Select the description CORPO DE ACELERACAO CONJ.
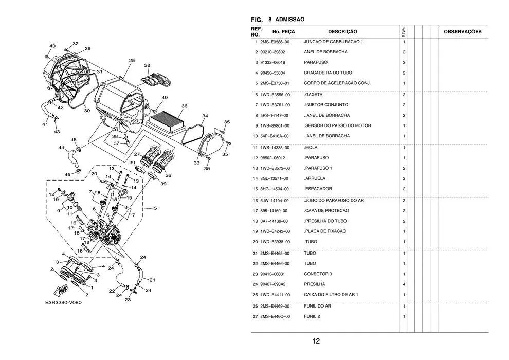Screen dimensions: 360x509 coord(337,83)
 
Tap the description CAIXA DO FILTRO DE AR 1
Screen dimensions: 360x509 coord(331,295)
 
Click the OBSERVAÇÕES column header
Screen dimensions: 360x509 coord(462,32)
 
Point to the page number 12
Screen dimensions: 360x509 coord(316,341)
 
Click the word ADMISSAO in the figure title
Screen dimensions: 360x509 coord(290,20)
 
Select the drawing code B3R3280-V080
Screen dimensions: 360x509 coord(63,302)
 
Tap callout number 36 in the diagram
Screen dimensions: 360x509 coord(184,106)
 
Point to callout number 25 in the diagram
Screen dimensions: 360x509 coord(132,61)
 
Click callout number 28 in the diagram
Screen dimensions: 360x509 coord(147,65)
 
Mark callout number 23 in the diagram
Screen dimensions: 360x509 coord(128,299)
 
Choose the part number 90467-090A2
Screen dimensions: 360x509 coord(272,284)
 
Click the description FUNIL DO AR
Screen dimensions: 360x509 coord(317,307)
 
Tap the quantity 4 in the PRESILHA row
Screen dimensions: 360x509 coord(404,284)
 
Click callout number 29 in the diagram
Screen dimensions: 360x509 coord(87,49)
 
